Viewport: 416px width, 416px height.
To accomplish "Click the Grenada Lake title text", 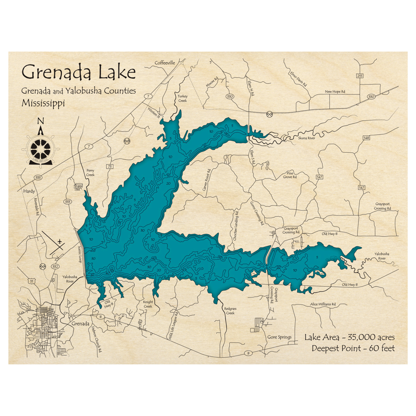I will point(79,72).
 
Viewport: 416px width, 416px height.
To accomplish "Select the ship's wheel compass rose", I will point(40,146).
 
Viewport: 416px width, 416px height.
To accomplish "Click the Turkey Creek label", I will point(183,98).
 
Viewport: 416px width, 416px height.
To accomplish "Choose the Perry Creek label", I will point(90,173).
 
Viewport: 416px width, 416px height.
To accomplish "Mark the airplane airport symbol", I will point(60,241).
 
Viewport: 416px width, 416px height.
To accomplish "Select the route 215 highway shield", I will point(359,76).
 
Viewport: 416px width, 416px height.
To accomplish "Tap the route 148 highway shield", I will point(366,138).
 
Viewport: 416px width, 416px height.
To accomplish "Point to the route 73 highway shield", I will point(110,167).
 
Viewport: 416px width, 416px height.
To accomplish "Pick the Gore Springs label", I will point(279,337).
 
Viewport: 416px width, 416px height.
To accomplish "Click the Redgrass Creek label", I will point(230,311).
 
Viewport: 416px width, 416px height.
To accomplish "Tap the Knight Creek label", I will point(148,304).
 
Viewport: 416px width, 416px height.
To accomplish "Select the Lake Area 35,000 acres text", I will point(349,337).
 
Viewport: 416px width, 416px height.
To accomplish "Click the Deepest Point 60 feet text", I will point(353,348).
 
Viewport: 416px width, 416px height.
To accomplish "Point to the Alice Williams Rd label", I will point(323,305).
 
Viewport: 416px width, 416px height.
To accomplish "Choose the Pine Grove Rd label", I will point(291,175).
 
